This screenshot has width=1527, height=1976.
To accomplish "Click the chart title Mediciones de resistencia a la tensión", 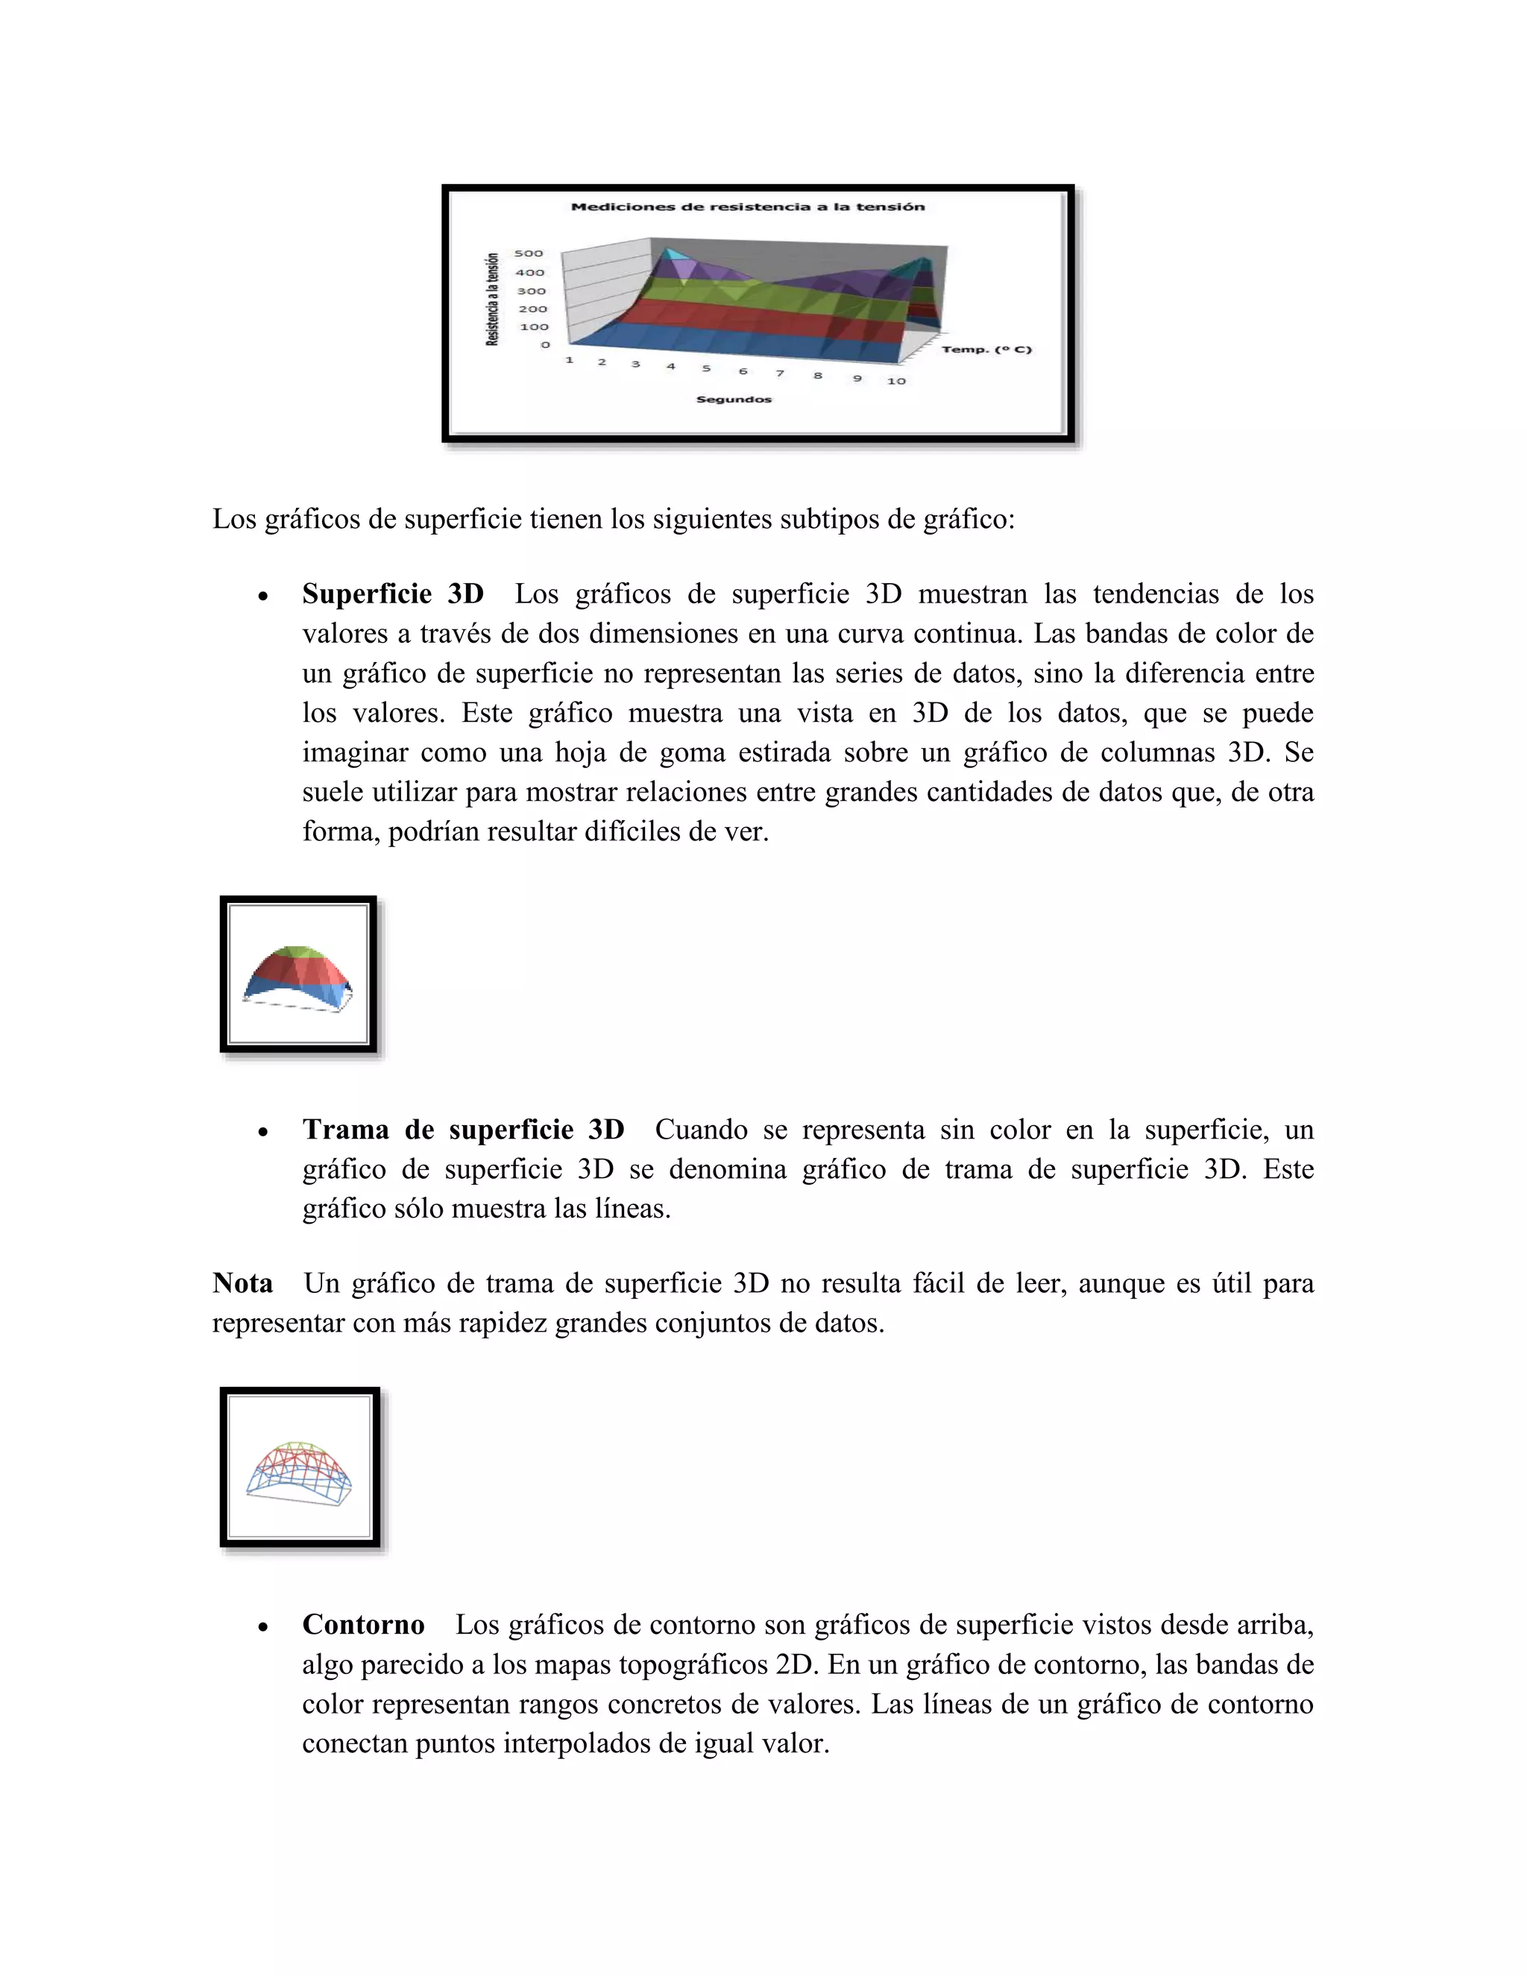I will tap(747, 207).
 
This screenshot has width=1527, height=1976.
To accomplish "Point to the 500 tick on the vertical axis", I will tap(529, 254).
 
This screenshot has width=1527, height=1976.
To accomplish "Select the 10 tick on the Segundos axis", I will tap(895, 381).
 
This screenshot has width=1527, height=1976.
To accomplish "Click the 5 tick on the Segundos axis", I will tap(705, 368).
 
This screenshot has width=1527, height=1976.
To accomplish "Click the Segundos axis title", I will tap(734, 399).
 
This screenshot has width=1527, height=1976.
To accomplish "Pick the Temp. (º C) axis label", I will tap(986, 349).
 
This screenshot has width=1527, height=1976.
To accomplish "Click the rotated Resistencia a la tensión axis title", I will tap(493, 298).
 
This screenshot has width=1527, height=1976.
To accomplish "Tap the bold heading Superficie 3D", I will tap(393, 594).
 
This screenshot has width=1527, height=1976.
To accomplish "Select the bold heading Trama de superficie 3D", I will tap(463, 1129).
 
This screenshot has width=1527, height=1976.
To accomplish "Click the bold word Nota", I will tap(242, 1283).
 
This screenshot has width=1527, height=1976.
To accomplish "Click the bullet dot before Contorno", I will tap(262, 1627).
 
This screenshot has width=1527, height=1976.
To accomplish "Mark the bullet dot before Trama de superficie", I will tap(262, 1132).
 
